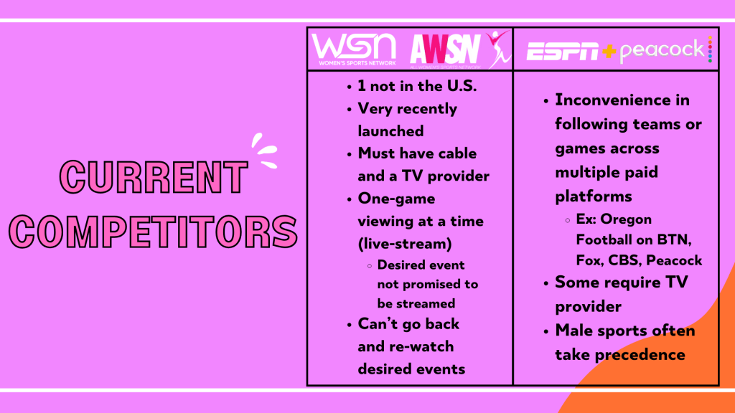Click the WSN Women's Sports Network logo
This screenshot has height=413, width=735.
tap(354, 49)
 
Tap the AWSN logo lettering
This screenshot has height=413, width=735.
tap(445, 49)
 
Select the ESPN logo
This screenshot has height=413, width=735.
tap(563, 51)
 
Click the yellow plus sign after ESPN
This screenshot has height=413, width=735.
tap(609, 51)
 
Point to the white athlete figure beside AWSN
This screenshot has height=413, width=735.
tap(498, 49)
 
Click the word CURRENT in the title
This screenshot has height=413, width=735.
tap(154, 177)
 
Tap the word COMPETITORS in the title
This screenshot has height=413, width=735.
tap(153, 232)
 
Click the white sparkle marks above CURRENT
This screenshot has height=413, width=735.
tap(264, 151)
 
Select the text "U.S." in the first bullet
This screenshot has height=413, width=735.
tap(462, 86)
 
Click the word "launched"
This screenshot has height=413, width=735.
tap(390, 131)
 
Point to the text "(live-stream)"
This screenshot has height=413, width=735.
tap(405, 244)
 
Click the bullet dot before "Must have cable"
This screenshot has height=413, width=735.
tap(350, 155)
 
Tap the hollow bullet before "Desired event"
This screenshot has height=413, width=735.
tap(370, 266)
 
